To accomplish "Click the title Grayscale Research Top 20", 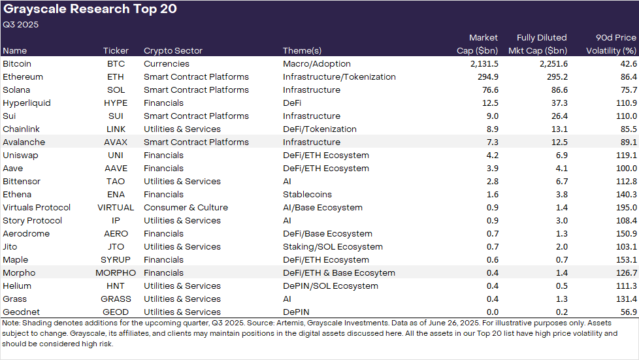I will click(x=90, y=10).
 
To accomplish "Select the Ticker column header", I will click(x=116, y=50).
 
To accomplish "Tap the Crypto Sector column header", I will click(x=173, y=50).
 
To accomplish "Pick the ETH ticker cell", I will click(x=116, y=77).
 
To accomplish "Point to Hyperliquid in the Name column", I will click(x=27, y=103).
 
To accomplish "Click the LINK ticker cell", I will click(x=116, y=129).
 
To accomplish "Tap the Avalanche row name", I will click(x=25, y=142).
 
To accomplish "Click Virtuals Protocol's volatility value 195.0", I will click(x=626, y=208).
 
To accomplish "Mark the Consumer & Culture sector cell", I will click(x=186, y=208).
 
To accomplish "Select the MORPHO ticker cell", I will click(x=116, y=273).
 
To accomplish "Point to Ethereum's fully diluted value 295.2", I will click(x=552, y=77).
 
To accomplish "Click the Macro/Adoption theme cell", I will click(x=317, y=64).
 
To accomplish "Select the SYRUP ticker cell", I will click(x=116, y=260).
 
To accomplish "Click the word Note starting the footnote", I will click(x=10, y=323).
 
